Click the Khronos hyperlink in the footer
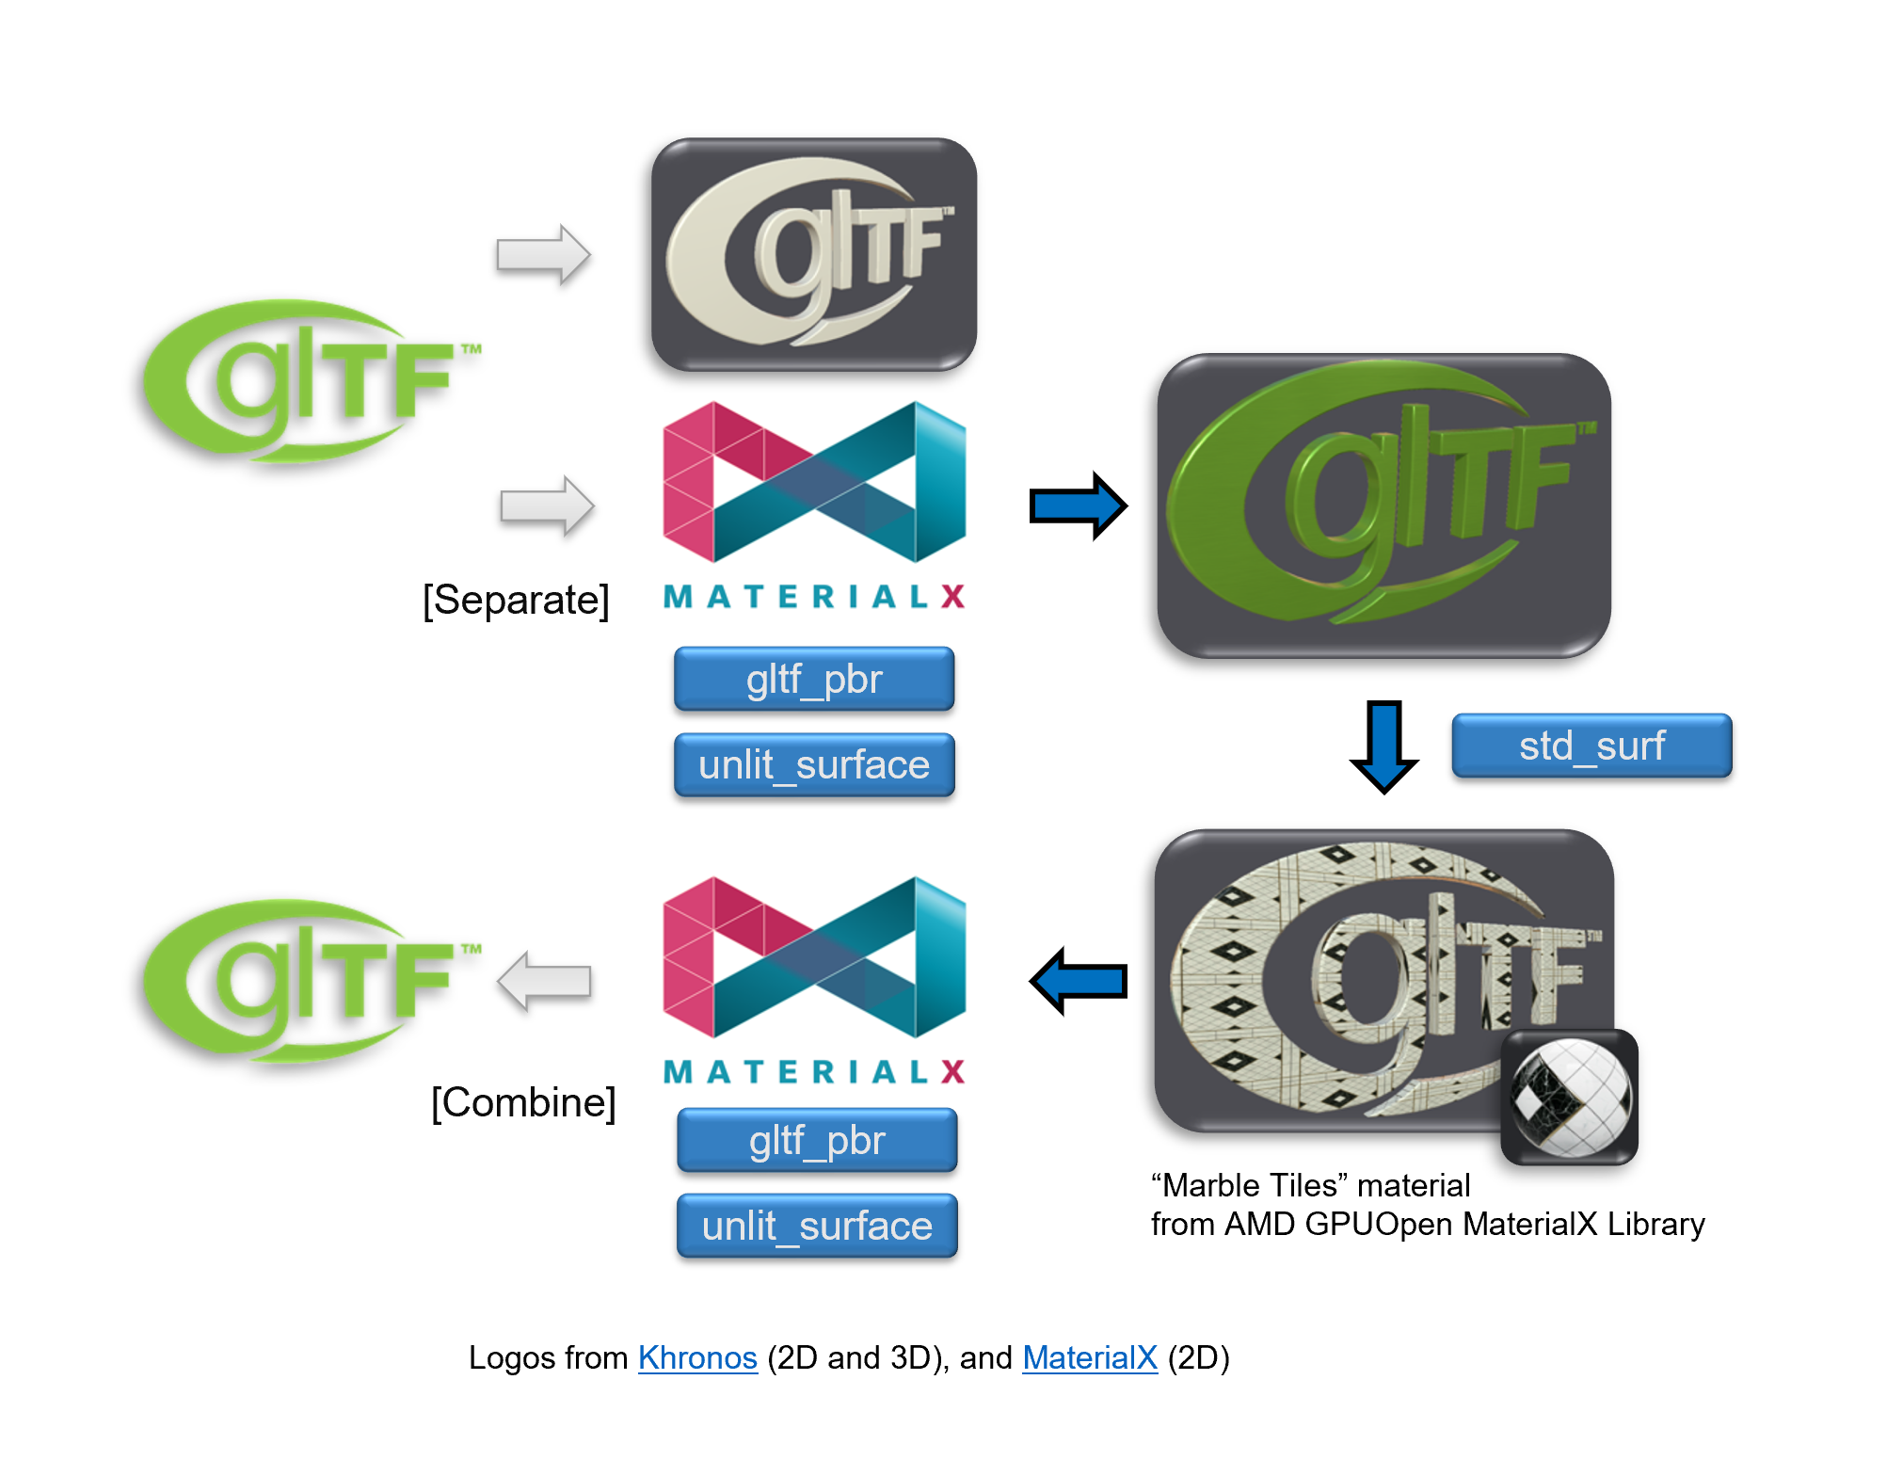click(x=697, y=1357)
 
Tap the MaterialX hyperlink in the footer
click(x=1089, y=1357)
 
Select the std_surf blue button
click(x=1591, y=746)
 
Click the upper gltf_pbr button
click(x=814, y=679)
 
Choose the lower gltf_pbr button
click(x=817, y=1140)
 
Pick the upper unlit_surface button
click(x=814, y=764)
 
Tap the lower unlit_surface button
click(x=817, y=1226)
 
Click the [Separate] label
click(x=516, y=600)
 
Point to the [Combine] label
click(x=523, y=1102)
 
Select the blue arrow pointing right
click(x=1078, y=505)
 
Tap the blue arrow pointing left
click(x=1079, y=981)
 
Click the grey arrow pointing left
click(x=545, y=981)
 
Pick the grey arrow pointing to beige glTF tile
click(x=543, y=254)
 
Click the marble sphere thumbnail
click(x=1569, y=1097)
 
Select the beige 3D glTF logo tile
click(x=814, y=254)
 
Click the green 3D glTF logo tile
click(x=1383, y=505)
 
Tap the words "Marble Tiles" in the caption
click(x=1250, y=1185)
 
